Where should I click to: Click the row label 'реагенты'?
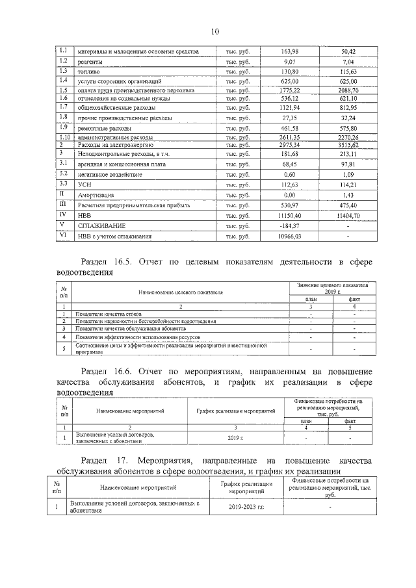[92, 62]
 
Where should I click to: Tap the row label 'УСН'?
[85, 185]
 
